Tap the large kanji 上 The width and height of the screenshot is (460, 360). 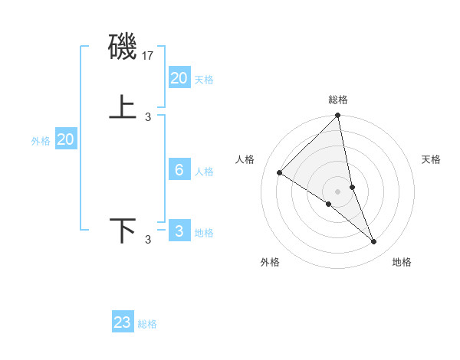123,106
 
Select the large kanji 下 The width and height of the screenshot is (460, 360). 123,230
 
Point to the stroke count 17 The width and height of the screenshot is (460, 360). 149,56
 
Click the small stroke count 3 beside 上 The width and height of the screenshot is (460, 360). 148,116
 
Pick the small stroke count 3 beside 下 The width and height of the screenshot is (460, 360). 148,240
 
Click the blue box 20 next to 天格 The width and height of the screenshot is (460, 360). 179,77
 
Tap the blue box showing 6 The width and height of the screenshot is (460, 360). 179,170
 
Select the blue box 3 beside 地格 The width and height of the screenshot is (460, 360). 179,231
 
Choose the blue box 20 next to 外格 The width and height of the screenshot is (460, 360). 66,139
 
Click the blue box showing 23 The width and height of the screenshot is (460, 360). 123,322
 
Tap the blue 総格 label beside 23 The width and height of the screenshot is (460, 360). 147,324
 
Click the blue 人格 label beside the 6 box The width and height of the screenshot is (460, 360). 204,172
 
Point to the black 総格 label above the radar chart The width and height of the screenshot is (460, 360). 338,100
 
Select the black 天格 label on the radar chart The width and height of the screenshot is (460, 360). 431,159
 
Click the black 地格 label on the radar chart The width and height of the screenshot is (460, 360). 402,262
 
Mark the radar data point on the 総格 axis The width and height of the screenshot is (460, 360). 338,116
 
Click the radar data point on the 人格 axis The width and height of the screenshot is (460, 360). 280,172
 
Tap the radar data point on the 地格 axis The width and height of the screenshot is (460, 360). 374,241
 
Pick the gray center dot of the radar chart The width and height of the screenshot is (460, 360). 338,191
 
